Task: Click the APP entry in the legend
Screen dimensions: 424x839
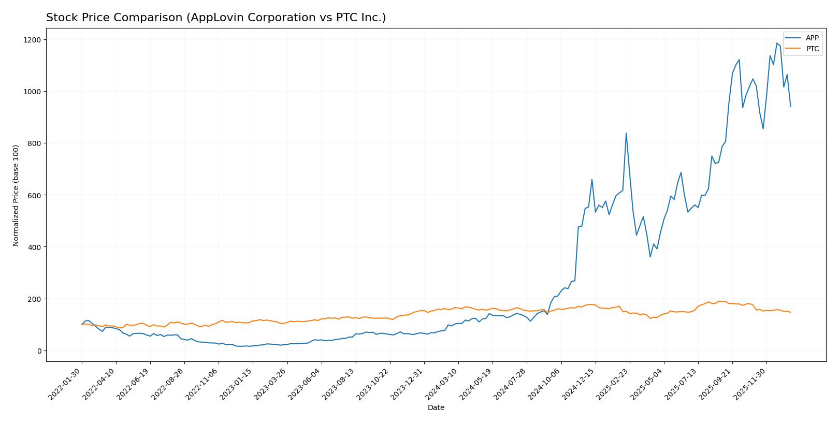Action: click(x=812, y=38)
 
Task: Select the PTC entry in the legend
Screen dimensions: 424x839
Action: click(x=812, y=49)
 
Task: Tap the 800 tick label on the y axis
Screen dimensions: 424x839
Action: click(x=34, y=143)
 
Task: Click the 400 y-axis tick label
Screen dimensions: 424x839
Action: click(x=34, y=247)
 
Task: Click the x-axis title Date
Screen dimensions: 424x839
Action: click(x=436, y=407)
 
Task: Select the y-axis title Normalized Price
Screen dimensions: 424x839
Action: click(x=16, y=195)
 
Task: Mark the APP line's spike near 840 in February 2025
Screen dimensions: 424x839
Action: click(x=626, y=133)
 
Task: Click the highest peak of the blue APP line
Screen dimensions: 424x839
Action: click(x=777, y=43)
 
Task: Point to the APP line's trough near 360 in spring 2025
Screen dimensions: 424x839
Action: click(x=650, y=257)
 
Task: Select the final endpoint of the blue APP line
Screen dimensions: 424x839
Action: click(x=790, y=107)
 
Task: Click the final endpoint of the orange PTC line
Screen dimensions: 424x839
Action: click(x=790, y=312)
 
